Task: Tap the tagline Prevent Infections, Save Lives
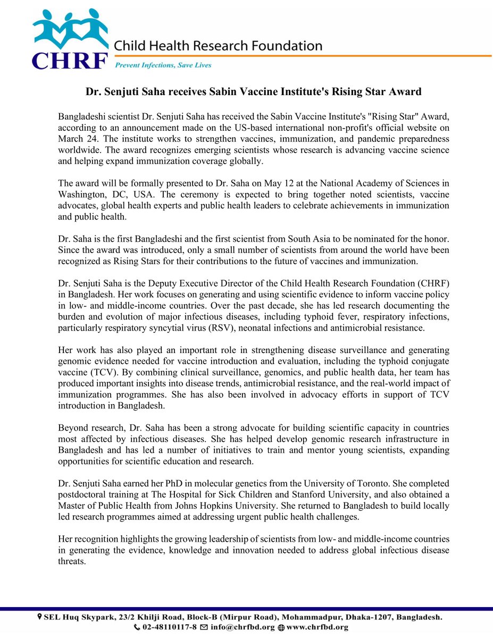tap(163, 65)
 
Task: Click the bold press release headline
tap(254, 92)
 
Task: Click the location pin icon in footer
tap(39, 617)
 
